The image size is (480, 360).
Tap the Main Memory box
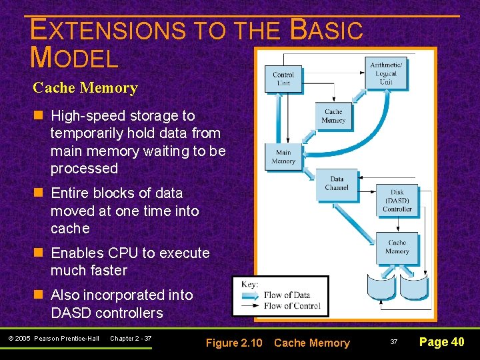tap(283, 157)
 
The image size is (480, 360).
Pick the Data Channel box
tap(337, 183)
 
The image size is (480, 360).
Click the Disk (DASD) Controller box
tap(397, 201)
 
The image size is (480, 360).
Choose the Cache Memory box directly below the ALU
tap(333, 116)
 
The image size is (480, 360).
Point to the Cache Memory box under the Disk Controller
tap(397, 247)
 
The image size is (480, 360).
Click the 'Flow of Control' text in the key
tap(292, 306)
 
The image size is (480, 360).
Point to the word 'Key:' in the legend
tap(250, 283)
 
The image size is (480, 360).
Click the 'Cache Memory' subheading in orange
tap(85, 88)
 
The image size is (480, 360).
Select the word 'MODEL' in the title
tap(74, 59)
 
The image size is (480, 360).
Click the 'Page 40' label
tap(441, 342)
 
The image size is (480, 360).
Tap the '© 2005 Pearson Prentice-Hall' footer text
tap(53, 339)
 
